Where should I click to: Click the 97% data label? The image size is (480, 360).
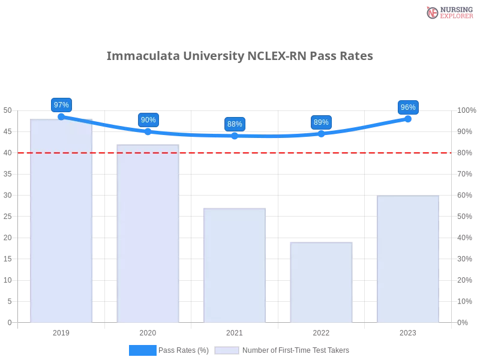[x=61, y=105]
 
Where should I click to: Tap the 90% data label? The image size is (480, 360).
[x=148, y=120]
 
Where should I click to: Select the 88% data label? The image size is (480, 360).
[x=235, y=124]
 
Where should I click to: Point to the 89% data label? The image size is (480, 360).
[x=321, y=122]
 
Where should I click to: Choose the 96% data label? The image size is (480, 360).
[x=408, y=107]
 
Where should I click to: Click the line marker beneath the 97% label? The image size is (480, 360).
[x=61, y=116]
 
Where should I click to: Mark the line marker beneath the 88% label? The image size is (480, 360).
[x=235, y=136]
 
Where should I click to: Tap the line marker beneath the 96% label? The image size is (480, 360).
[x=408, y=119]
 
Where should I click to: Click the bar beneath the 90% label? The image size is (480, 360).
[x=148, y=234]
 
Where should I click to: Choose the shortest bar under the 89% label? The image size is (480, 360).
[x=321, y=282]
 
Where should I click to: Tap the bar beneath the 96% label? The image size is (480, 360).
[x=408, y=258]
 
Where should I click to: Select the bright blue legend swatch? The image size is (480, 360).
[x=142, y=350]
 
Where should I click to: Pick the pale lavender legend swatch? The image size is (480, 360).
[x=227, y=350]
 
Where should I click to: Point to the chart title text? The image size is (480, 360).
[x=240, y=56]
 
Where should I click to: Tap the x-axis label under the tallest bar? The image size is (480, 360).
[x=62, y=331]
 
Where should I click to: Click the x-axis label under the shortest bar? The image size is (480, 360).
[x=321, y=331]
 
